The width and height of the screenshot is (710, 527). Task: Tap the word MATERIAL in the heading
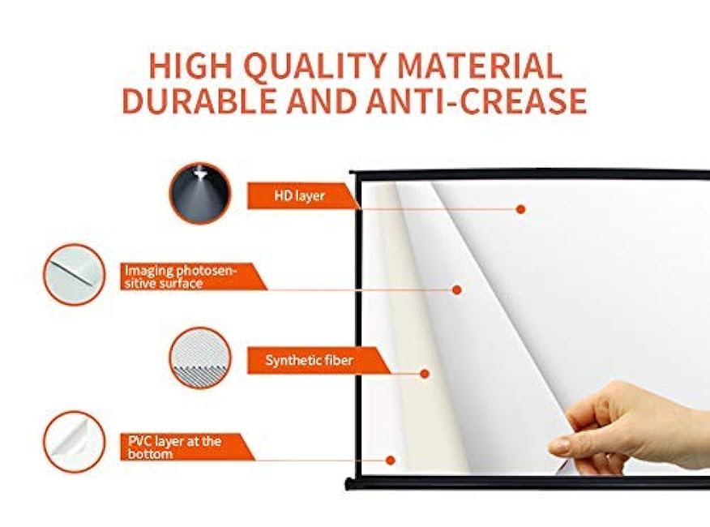coord(480,66)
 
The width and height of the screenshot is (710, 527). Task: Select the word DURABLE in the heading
coord(199,101)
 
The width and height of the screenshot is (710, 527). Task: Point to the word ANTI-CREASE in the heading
coord(477,101)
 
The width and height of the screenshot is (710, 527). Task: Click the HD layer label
coord(300,195)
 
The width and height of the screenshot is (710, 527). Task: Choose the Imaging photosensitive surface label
coord(181,276)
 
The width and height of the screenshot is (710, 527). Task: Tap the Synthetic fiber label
coord(309,360)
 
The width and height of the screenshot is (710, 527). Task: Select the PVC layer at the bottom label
coord(175,448)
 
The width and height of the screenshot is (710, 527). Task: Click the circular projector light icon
coord(199,194)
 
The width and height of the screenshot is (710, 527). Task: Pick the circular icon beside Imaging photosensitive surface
coord(75,275)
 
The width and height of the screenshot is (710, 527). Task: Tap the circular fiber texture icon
coord(199,358)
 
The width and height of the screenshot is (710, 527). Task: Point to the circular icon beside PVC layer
coord(75,442)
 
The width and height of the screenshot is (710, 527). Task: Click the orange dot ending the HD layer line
coord(520,209)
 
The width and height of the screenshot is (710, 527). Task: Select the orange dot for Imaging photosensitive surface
coord(457,290)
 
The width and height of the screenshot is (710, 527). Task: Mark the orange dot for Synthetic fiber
coord(425,374)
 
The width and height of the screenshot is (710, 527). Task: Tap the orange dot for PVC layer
coord(391,461)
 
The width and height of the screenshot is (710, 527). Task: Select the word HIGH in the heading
coord(193,66)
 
